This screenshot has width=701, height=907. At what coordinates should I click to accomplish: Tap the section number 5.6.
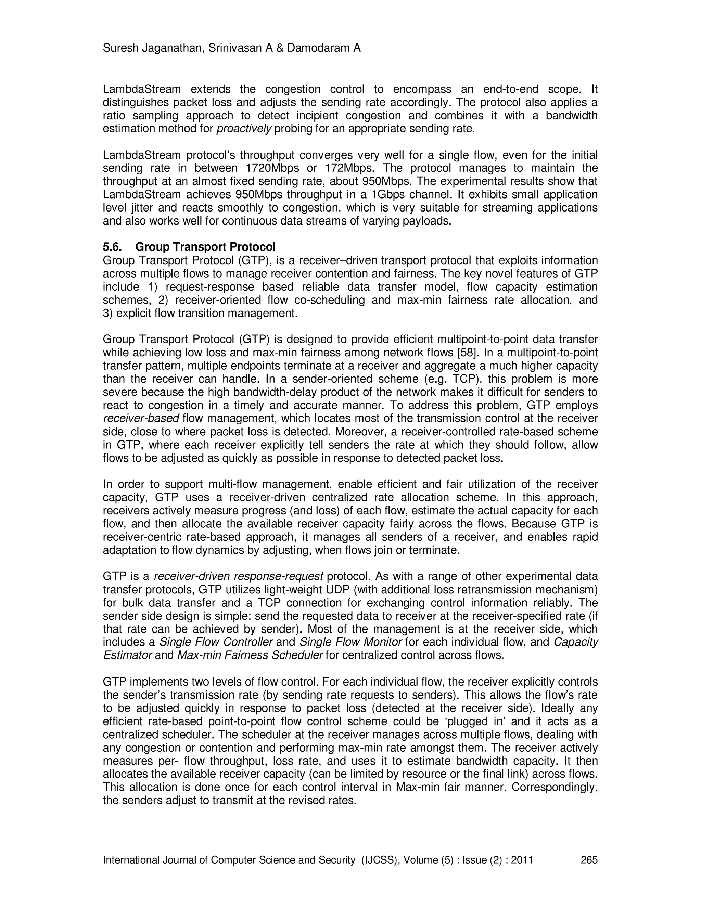(112, 247)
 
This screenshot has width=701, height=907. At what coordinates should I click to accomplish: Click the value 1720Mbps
(274, 168)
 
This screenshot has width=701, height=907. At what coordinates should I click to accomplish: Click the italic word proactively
(244, 129)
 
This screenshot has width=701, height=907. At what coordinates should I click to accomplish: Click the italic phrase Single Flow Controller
(216, 642)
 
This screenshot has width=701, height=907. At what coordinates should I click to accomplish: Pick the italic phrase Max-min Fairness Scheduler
(250, 655)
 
